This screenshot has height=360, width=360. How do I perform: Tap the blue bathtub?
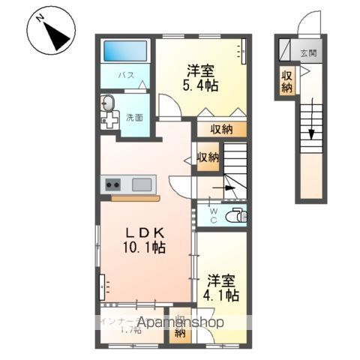click(x=124, y=52)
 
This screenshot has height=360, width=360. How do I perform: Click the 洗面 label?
click(x=134, y=117)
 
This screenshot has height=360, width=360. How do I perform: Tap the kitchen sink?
click(x=142, y=184)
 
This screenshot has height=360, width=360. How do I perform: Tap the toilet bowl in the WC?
click(x=236, y=216)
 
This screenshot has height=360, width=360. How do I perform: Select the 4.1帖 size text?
click(x=222, y=295)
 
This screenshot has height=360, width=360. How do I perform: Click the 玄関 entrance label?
click(x=308, y=53)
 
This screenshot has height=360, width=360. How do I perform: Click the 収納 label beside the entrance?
click(x=287, y=80)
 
